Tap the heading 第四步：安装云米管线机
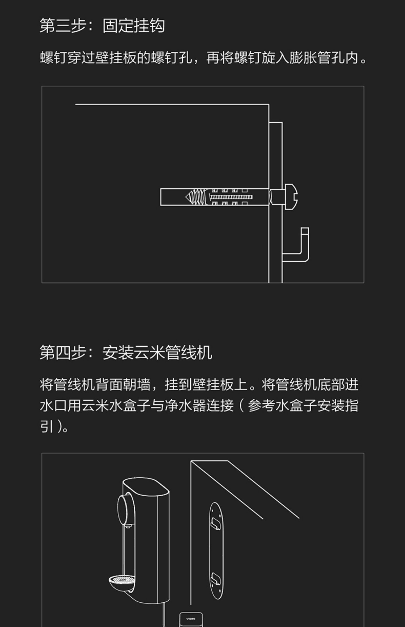(126, 353)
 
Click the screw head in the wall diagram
(292, 197)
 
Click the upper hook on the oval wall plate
(216, 524)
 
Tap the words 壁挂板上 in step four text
(220, 385)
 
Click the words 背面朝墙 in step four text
(123, 385)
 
